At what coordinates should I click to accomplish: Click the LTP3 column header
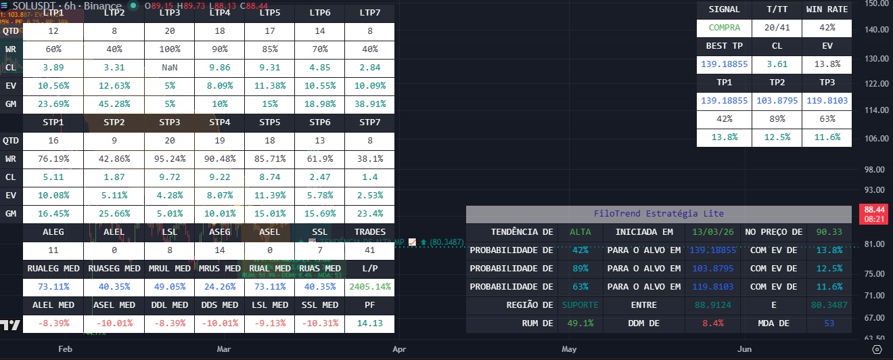(x=170, y=13)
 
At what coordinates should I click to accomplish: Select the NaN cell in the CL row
(x=170, y=68)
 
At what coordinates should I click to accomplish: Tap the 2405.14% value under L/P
(x=369, y=287)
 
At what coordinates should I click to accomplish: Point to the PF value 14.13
(x=369, y=323)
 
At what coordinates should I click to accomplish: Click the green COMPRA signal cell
(x=725, y=28)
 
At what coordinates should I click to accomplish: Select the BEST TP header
(x=725, y=46)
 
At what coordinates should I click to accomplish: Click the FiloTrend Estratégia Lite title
(x=658, y=213)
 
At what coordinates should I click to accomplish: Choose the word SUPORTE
(x=580, y=305)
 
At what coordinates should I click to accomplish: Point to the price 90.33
(x=829, y=232)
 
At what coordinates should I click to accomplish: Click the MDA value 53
(x=829, y=323)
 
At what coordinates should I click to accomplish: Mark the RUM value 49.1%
(x=580, y=323)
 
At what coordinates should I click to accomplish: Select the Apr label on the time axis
(x=399, y=349)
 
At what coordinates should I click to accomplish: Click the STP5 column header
(x=269, y=122)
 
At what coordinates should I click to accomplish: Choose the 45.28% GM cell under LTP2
(x=114, y=104)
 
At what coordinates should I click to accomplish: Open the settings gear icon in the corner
(x=877, y=349)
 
